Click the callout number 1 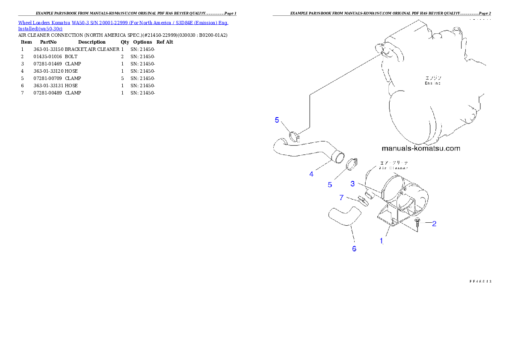[382, 241]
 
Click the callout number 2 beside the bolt [434, 224]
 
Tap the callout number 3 [352, 184]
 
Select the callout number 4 [312, 174]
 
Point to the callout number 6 [354, 249]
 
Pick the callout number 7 [341, 197]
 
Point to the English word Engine [432, 83]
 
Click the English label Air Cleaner [394, 168]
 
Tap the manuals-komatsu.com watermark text [420, 148]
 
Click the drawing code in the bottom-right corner [480, 281]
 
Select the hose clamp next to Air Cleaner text [353, 163]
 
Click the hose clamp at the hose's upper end [294, 136]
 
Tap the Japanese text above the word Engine [432, 78]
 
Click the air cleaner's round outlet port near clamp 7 [370, 195]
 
